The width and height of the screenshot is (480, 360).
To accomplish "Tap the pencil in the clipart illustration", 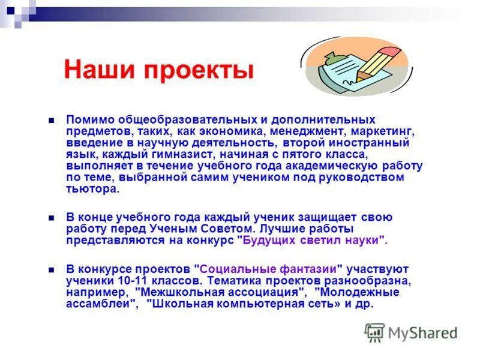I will click(x=376, y=64).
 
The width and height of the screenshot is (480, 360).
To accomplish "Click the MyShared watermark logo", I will click(x=412, y=332).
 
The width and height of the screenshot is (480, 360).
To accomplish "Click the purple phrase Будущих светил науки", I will click(x=313, y=240).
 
